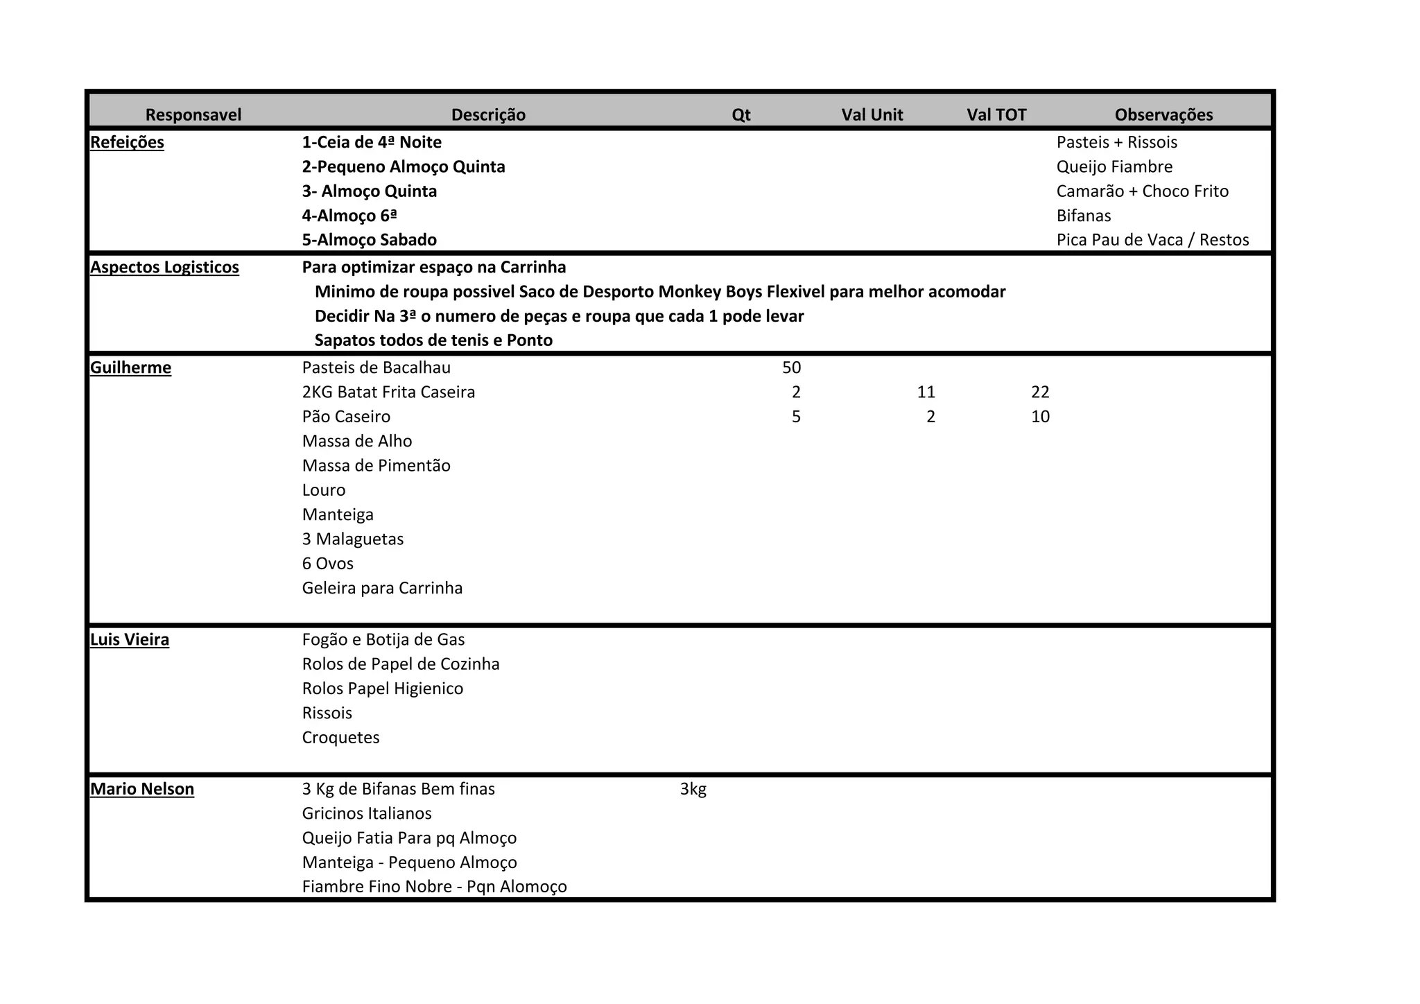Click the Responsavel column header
click(193, 114)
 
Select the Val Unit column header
click(872, 114)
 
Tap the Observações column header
click(1163, 114)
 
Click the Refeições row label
click(128, 142)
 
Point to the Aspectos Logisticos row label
click(164, 267)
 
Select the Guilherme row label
click(130, 367)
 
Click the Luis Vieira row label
click(130, 639)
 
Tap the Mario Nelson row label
click(142, 789)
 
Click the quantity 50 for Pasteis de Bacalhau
click(791, 367)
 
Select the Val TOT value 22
click(1040, 392)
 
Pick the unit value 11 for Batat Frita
click(926, 392)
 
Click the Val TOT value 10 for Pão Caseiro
click(1040, 417)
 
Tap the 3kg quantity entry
click(693, 789)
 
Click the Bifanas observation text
click(1083, 216)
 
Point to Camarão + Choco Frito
click(1142, 191)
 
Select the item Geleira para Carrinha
click(382, 588)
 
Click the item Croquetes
click(340, 737)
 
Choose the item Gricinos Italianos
click(367, 813)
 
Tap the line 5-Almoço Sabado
click(369, 240)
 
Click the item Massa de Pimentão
click(376, 465)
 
